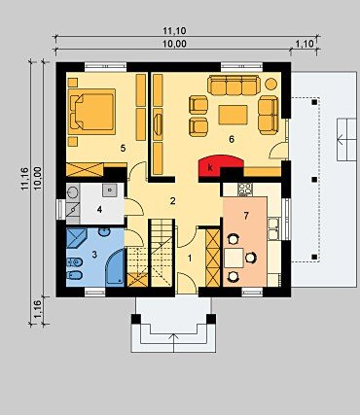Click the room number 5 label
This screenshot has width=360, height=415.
coord(123,148)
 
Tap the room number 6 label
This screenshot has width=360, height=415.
coord(232,139)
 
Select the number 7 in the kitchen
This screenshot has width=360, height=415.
coord(246,216)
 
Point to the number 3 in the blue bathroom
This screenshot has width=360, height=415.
coord(94,255)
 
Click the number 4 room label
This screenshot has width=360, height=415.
coord(99,210)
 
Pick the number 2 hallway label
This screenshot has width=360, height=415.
coord(172,201)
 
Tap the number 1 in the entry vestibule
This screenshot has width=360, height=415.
coord(190,259)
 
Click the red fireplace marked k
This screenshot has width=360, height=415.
coord(221,165)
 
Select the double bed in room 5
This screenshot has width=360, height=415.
coord(91,112)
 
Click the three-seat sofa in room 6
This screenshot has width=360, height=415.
coord(234,86)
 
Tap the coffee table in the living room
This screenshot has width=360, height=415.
coord(234,115)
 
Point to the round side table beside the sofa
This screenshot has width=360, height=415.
coord(270,84)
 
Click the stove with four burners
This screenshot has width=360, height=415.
coord(245,190)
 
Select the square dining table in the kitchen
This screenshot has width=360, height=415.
coord(234,258)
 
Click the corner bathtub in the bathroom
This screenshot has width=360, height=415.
coord(116,267)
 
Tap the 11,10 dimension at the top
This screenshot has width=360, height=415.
coord(174,31)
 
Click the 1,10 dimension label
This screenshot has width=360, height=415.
coord(305,44)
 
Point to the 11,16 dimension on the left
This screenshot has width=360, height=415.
coord(25,179)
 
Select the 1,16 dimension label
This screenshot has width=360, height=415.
coord(37,310)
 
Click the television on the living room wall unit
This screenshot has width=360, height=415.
coord(158,123)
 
